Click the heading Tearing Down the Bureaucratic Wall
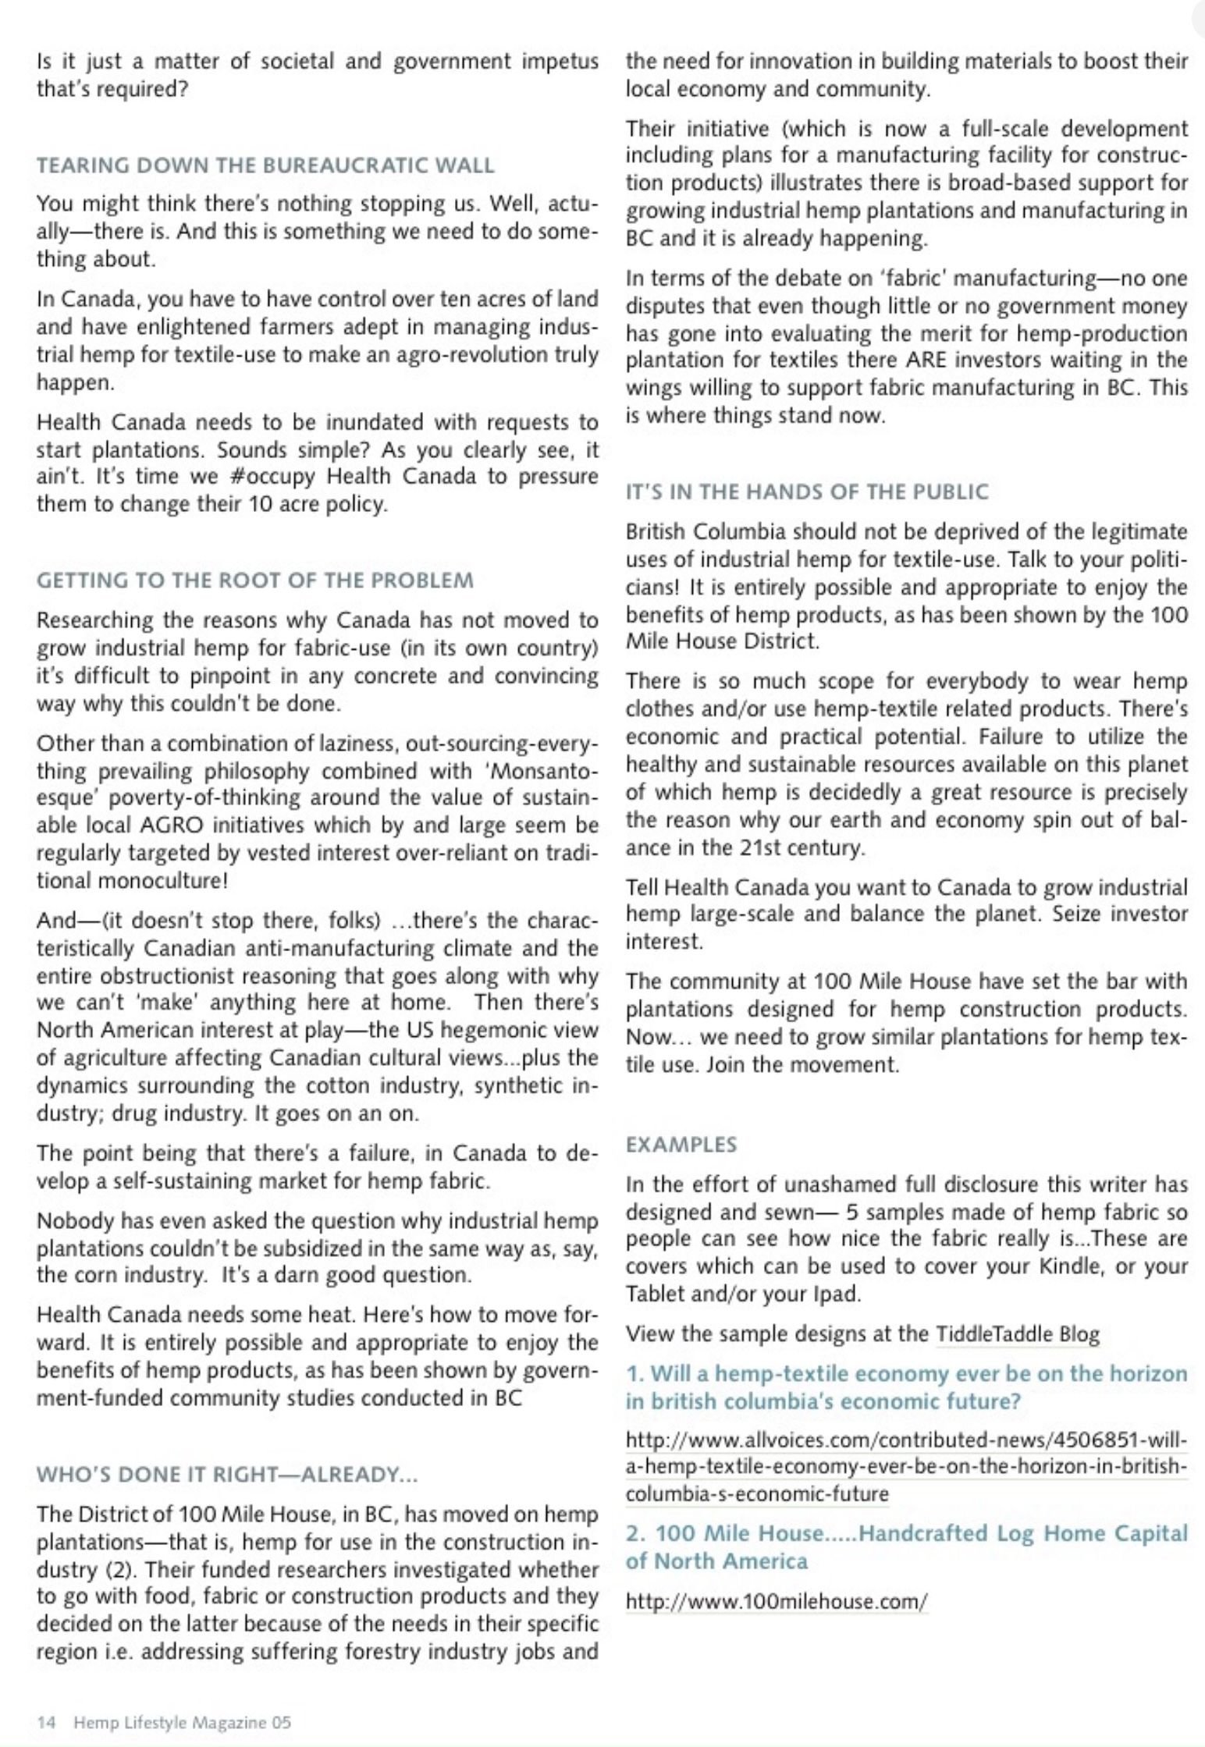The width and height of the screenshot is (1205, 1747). click(x=265, y=165)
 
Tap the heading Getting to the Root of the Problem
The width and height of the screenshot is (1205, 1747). click(x=254, y=581)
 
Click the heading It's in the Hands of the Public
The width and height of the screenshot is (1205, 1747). click(x=806, y=492)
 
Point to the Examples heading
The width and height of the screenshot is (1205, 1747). click(x=681, y=1145)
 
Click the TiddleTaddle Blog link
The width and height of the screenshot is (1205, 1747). click(x=1017, y=1334)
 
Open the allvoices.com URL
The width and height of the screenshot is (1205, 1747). click(x=906, y=1466)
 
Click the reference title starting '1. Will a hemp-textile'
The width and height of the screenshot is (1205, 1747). click(x=906, y=1387)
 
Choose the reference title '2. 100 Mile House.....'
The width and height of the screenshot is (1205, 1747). click(x=906, y=1547)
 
